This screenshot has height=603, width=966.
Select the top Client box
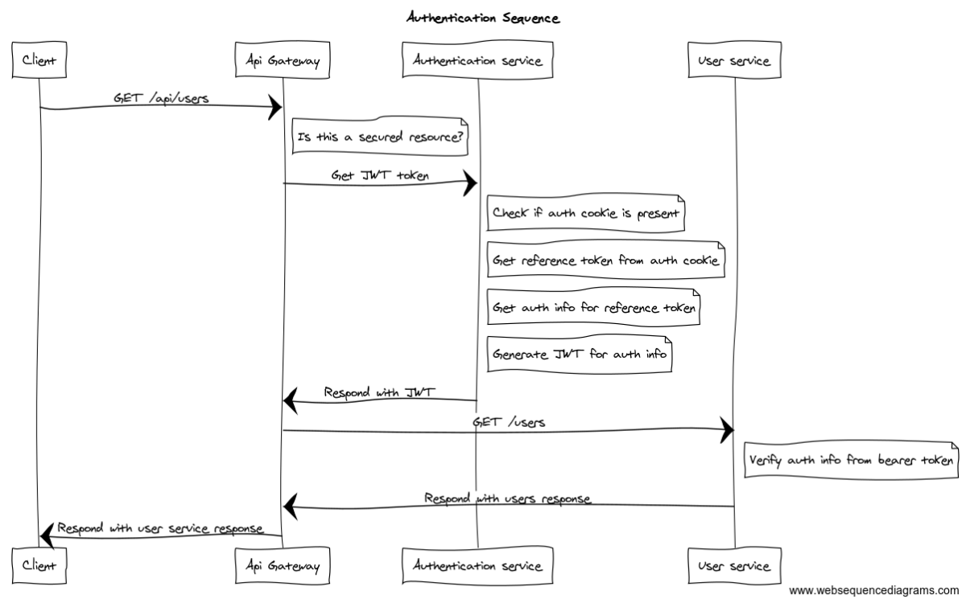tap(39, 60)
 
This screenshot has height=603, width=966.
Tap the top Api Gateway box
tap(282, 60)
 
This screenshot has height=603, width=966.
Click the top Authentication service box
tap(477, 60)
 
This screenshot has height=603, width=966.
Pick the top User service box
tap(734, 60)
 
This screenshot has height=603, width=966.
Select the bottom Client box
tap(39, 566)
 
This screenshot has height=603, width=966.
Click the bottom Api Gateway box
tap(282, 566)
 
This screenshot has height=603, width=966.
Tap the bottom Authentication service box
tap(477, 566)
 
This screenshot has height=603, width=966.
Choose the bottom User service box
tap(734, 566)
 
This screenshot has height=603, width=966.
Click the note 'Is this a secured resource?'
tap(380, 137)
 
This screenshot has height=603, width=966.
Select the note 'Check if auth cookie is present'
tap(585, 214)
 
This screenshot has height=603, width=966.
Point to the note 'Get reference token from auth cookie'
tap(605, 260)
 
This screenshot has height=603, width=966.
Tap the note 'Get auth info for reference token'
tap(592, 307)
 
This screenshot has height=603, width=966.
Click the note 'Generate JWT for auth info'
tap(580, 354)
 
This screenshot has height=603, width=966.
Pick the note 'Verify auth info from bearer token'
tap(852, 461)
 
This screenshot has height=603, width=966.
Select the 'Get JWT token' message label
tap(380, 174)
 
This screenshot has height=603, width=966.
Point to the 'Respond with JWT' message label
tap(379, 392)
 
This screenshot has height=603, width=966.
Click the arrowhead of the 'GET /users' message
tap(727, 431)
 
